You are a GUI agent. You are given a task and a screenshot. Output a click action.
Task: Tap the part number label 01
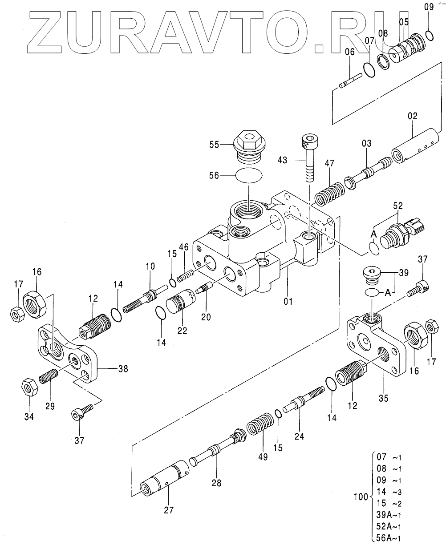tap(288, 301)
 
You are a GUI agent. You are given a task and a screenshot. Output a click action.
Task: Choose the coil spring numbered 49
tap(259, 427)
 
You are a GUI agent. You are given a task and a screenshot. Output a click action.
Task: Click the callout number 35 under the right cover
tap(383, 399)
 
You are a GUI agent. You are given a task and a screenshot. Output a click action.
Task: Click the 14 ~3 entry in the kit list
tap(389, 492)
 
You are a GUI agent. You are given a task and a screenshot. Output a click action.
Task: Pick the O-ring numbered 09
tap(430, 34)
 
